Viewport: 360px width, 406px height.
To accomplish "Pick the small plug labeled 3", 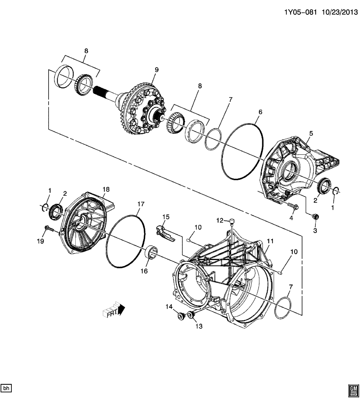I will pos(314,217).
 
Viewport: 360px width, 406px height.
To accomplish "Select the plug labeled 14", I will pos(181,315).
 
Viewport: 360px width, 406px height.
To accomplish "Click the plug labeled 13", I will pos(190,315).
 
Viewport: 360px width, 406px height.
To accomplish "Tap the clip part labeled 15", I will pos(163,233).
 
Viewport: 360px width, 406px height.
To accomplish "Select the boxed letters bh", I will pos(7,388).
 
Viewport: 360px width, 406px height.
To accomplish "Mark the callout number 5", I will pos(311,134).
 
